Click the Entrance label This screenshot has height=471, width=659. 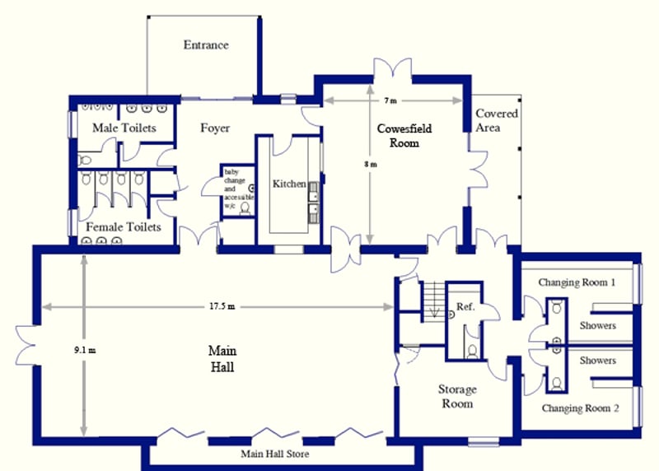pos(206,45)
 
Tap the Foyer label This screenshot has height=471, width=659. pos(215,128)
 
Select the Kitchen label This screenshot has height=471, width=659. pos(289,184)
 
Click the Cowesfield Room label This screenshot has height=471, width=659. pos(404,136)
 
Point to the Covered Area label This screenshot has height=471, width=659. pos(497,120)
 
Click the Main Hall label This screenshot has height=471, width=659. pos(222,359)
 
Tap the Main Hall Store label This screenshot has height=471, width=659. pos(275,454)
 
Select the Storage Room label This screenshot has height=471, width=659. pos(457,396)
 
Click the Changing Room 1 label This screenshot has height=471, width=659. pos(577,282)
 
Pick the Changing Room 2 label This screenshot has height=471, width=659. pos(580,408)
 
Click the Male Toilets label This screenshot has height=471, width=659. pos(124,128)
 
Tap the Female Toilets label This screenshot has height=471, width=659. pos(124,227)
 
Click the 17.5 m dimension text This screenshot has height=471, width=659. pos(222,306)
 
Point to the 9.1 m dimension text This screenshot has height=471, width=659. pos(85,350)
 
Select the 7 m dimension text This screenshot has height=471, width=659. pos(390,100)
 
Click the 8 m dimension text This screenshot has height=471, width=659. pos(370,165)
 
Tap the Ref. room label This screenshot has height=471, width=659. pos(465,306)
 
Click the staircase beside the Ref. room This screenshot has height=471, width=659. pos(433,301)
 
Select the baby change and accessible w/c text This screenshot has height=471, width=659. pos(238,189)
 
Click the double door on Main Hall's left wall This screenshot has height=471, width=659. pos(26,345)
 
